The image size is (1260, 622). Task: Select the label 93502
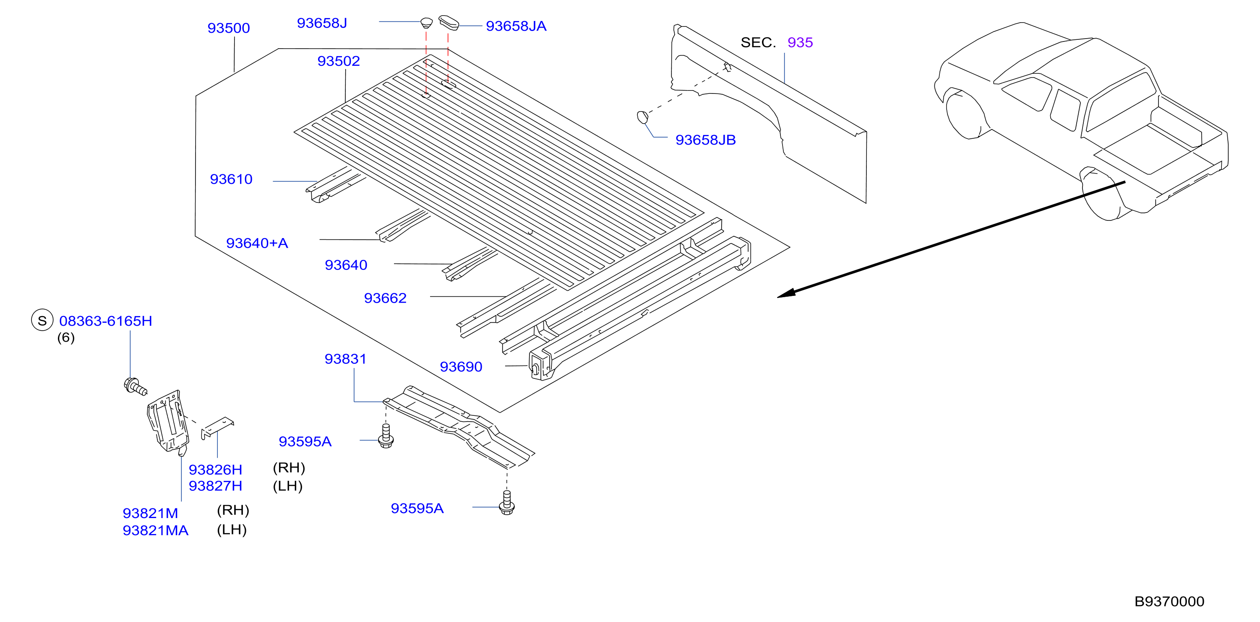coord(339,61)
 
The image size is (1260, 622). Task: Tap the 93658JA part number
coord(516,26)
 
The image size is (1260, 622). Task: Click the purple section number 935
coord(800,42)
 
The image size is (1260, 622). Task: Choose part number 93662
coord(385,298)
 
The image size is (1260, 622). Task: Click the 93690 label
coord(461,367)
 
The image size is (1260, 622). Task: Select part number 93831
coord(345,359)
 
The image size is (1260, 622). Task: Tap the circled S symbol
coord(42,321)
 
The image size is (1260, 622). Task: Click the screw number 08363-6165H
coord(106,321)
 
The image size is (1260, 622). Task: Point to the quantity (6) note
coord(66,338)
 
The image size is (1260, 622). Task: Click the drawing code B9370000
coord(1169,601)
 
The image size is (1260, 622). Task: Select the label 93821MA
coord(156,531)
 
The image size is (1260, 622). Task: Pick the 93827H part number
coord(215,486)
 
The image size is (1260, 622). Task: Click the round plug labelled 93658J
coord(427,23)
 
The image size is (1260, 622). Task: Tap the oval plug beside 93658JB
coord(643,117)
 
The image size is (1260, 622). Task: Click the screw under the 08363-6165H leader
coord(135,386)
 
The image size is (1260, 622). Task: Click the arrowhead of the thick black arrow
coord(785,294)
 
